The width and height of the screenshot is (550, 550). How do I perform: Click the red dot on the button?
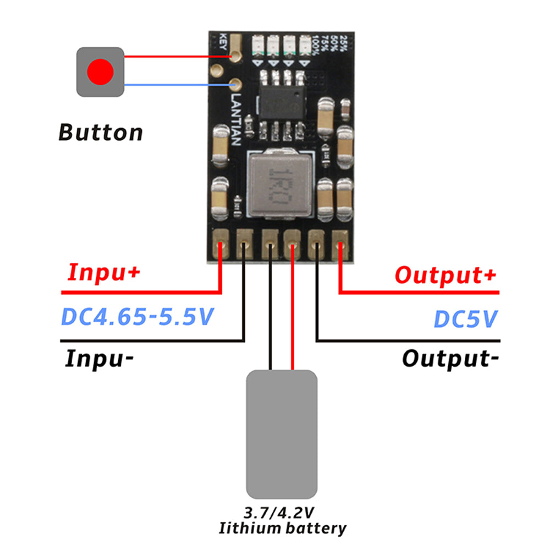tap(101, 71)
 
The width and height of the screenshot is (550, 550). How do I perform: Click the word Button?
tap(101, 133)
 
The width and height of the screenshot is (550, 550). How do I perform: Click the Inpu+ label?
tap(103, 273)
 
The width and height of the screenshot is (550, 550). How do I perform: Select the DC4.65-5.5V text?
tap(136, 317)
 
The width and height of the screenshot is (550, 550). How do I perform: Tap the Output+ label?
tap(446, 274)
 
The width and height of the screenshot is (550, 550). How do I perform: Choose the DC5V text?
tap(465, 318)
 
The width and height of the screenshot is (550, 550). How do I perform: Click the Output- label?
tap(450, 359)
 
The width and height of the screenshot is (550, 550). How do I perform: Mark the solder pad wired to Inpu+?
tap(221, 244)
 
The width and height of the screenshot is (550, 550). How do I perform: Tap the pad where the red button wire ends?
tap(237, 56)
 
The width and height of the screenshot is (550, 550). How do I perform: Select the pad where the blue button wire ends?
tap(236, 85)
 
